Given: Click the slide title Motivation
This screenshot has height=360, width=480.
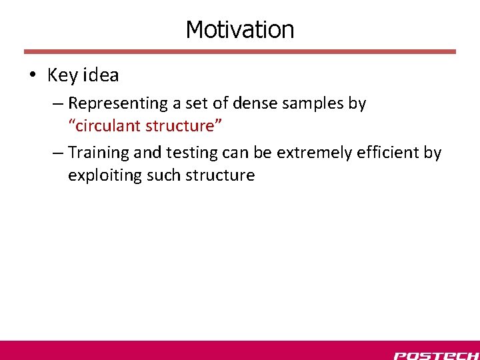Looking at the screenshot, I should [239, 29].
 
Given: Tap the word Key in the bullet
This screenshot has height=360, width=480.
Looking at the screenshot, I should [62, 75].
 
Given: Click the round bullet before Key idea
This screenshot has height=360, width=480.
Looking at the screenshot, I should [32, 76].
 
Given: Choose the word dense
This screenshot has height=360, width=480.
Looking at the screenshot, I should [249, 103].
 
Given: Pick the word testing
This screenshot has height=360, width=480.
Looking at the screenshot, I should [189, 153].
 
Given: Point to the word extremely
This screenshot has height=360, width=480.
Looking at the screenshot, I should [313, 153].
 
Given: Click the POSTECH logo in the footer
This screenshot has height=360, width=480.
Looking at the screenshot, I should [435, 355].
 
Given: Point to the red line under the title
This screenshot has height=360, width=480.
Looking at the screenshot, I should [239, 51].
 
